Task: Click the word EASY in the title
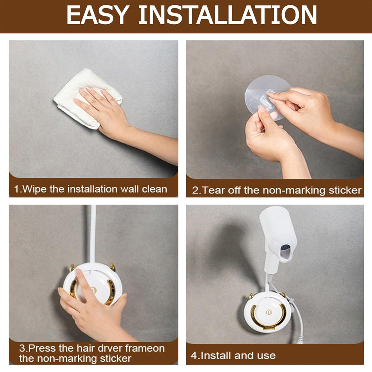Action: tap(98, 15)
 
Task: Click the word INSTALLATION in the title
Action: tap(228, 15)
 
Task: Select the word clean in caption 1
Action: tap(154, 189)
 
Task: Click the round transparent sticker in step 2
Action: tap(266, 97)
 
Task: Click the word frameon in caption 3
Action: tap(145, 348)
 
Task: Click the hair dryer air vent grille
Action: tap(286, 248)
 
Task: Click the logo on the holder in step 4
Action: tap(269, 312)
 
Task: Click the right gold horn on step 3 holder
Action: tap(112, 267)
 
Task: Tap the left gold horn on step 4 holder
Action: tap(251, 296)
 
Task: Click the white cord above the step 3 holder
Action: tap(93, 233)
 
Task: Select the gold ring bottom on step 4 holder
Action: tap(269, 326)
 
